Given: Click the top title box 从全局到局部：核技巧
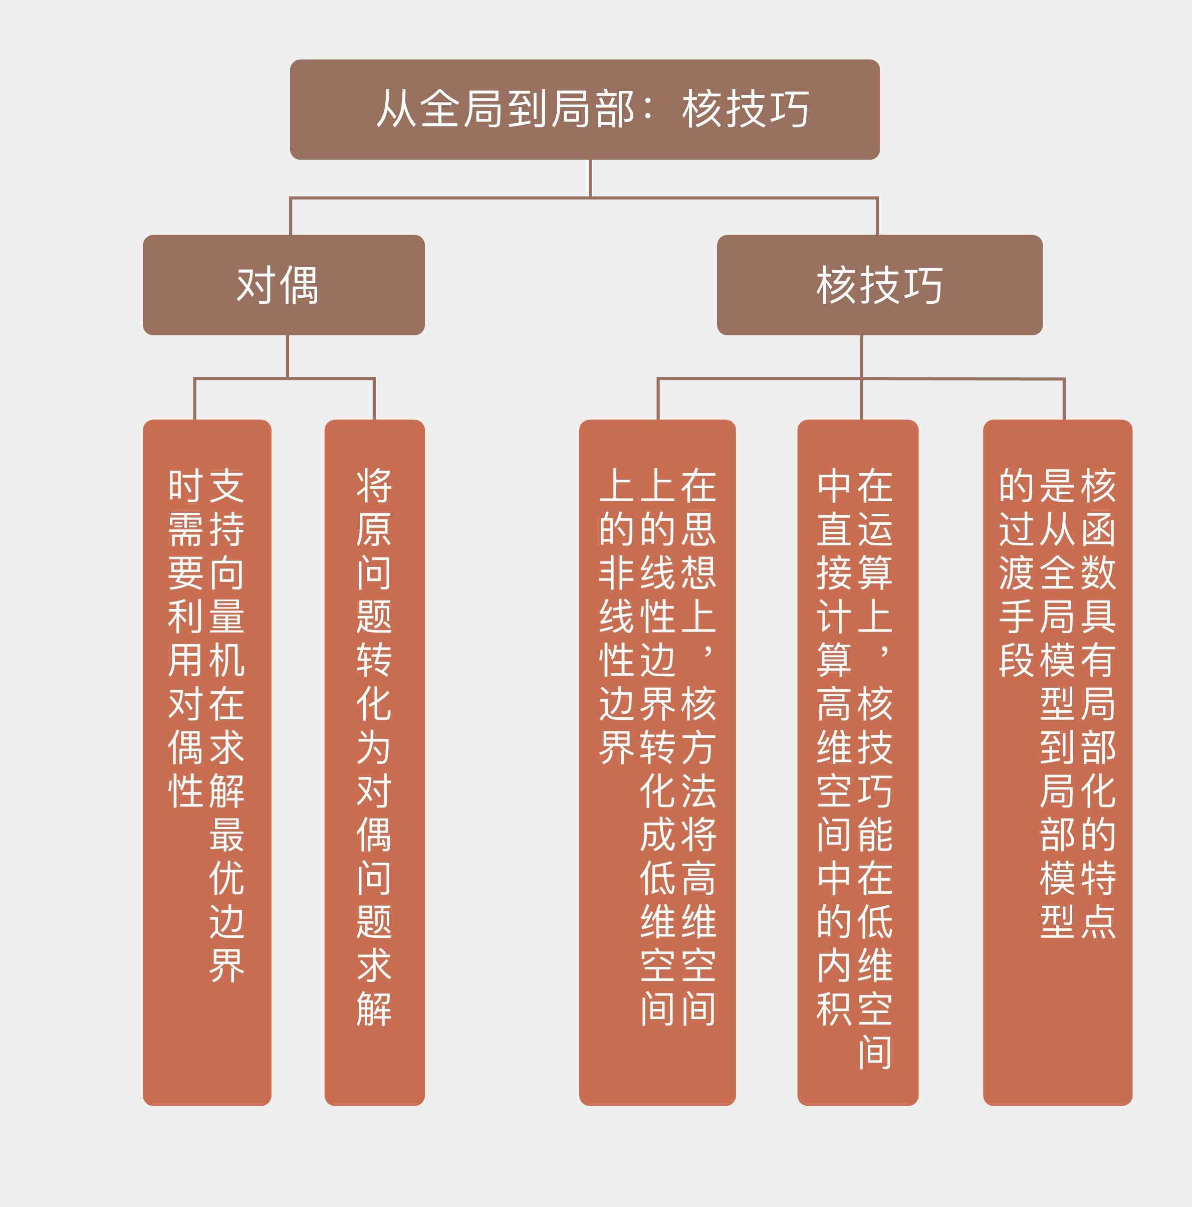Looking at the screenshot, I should [584, 109].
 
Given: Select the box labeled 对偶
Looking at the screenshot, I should [284, 285].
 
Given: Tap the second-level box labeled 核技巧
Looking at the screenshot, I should [879, 285].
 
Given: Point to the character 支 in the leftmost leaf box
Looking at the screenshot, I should [226, 486].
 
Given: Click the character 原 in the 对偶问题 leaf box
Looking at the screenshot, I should [374, 530].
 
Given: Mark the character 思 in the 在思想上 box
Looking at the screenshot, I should [698, 530].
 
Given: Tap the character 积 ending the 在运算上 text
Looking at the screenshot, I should [834, 1009].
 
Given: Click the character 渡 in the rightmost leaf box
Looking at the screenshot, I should [1017, 573].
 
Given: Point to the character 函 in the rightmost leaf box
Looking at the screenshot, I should [1098, 530].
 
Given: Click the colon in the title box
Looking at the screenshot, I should [648, 109].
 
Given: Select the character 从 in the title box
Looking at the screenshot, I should [396, 109].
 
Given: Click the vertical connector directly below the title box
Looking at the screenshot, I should [590, 178].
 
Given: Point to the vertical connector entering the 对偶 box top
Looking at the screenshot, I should [291, 217].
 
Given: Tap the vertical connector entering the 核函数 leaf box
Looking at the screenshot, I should [1064, 399].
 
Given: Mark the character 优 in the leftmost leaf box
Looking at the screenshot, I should [226, 878].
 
